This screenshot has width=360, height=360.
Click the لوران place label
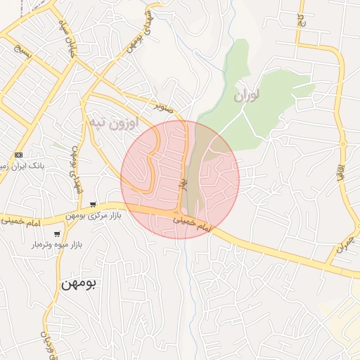(x=247, y=94)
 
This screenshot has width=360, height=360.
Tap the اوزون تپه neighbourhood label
(x=109, y=122)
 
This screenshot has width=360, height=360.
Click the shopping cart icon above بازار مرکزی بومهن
(x=94, y=204)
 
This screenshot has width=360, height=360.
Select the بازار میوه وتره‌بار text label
(x=57, y=245)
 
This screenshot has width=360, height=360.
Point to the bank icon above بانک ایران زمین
(x=18, y=155)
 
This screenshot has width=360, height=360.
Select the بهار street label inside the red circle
(x=181, y=186)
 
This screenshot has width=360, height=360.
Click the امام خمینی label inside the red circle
(x=192, y=225)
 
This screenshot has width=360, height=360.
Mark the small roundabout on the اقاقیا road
(x=344, y=144)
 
